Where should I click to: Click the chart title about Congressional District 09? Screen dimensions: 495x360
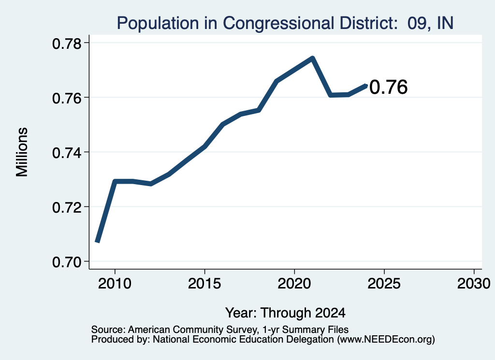click(x=285, y=23)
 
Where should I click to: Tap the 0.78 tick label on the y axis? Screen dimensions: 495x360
click(x=66, y=44)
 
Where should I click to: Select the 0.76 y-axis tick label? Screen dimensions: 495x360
click(x=66, y=99)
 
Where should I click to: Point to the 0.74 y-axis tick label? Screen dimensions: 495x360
click(x=66, y=153)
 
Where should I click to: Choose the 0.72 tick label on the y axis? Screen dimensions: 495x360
click(x=66, y=208)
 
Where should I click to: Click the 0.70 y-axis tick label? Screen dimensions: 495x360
click(x=66, y=262)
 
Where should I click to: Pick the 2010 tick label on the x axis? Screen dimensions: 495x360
click(x=115, y=284)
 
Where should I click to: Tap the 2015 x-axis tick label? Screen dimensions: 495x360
click(x=204, y=284)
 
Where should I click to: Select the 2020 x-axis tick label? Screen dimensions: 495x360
click(x=294, y=284)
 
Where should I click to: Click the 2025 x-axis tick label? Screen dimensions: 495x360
click(x=384, y=284)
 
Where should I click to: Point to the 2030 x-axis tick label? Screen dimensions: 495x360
click(x=474, y=284)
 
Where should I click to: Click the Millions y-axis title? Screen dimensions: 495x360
click(x=22, y=152)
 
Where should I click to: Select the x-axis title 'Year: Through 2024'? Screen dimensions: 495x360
click(x=285, y=313)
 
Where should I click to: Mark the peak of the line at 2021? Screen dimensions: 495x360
click(x=313, y=58)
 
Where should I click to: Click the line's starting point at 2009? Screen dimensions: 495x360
click(x=97, y=242)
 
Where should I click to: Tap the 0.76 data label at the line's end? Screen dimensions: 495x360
click(x=388, y=87)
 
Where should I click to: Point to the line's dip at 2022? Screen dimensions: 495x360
click(x=331, y=95)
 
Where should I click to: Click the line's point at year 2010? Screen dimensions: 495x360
click(x=115, y=181)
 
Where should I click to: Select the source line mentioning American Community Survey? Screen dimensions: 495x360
click(x=220, y=330)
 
